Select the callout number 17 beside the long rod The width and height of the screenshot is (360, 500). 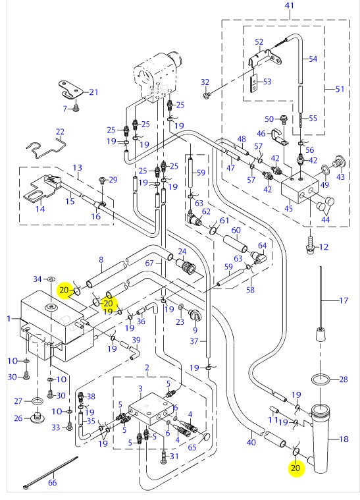coord(343,300)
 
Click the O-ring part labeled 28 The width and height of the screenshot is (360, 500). coord(321,380)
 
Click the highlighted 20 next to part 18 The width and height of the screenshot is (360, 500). coord(296,468)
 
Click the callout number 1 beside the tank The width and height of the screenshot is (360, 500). coord(9,319)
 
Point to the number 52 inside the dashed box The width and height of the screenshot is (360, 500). coord(259,42)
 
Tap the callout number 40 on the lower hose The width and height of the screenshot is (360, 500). coord(251,442)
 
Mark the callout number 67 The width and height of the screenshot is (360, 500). coord(149,263)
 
